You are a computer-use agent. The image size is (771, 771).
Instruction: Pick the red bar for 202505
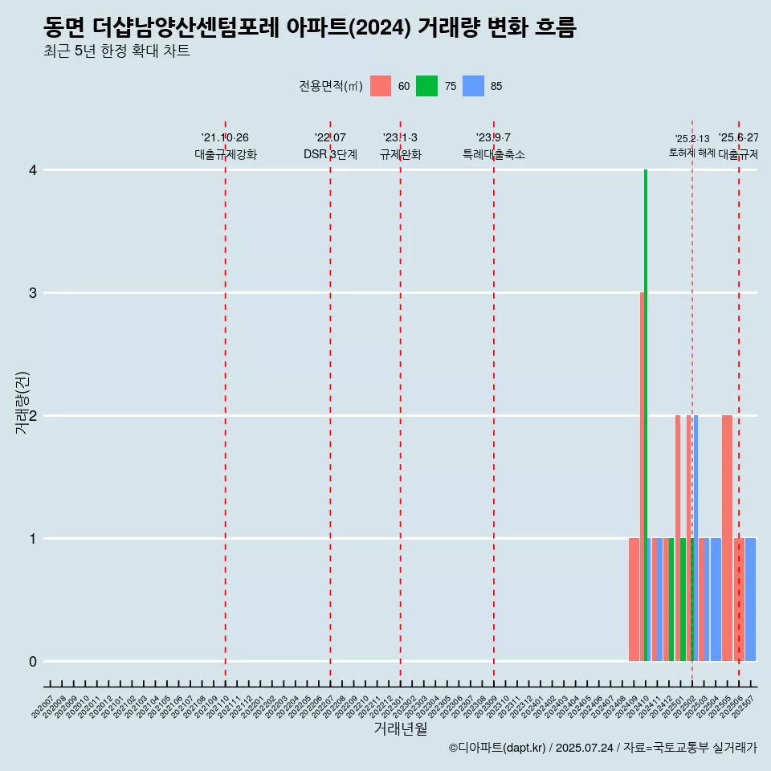[727, 538]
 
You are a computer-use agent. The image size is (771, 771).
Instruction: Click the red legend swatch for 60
[381, 86]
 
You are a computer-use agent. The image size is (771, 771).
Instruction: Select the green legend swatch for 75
[426, 86]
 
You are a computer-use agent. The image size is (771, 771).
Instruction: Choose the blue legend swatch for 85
[473, 86]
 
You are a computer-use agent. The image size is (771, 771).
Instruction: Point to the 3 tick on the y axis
[33, 293]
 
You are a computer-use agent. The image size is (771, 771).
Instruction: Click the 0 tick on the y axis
[33, 662]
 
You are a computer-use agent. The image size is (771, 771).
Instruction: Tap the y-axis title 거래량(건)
[22, 403]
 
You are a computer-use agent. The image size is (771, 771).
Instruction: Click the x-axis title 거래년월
[400, 729]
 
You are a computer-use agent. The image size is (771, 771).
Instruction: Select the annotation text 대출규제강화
[226, 154]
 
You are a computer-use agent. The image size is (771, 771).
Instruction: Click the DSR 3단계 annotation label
[330, 154]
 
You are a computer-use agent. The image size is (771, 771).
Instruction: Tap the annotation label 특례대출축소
[494, 154]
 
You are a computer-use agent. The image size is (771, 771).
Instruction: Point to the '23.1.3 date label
[400, 138]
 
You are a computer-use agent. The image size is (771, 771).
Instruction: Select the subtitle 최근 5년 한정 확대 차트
[117, 51]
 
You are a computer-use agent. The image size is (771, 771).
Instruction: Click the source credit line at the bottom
[602, 748]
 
